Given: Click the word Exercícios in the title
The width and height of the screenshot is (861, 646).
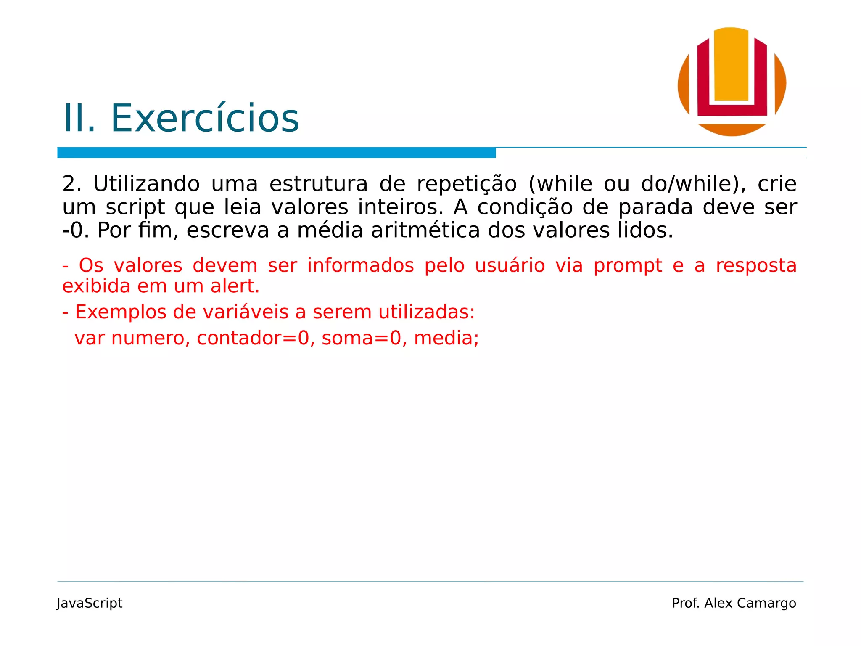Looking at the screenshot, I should point(205,119).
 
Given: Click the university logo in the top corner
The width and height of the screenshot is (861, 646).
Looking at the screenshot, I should point(732,82).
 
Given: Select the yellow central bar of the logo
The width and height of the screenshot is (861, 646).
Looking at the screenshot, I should point(732,65).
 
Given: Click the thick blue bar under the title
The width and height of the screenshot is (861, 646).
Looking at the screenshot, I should point(276,153).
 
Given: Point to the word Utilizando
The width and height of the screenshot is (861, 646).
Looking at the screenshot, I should point(146,184).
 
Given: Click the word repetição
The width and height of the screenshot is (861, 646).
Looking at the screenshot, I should point(467,184).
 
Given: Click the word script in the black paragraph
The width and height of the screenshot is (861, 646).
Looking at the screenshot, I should point(135,207).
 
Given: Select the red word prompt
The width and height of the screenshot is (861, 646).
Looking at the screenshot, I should point(628,266).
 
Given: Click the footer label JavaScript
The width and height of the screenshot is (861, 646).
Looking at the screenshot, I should point(90,604).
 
